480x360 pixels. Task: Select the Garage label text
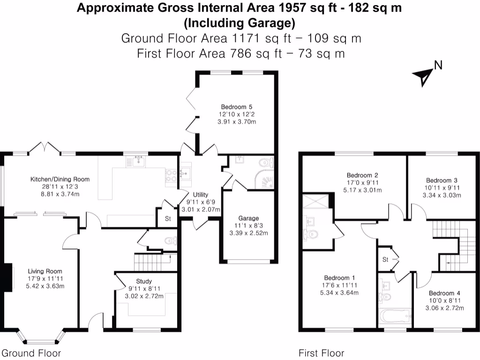[248, 218]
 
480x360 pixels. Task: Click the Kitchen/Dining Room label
[60, 179]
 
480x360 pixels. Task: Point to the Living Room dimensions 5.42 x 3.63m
[45, 286]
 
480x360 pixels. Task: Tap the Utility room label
[201, 195]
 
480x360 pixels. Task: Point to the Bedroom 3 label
[442, 180]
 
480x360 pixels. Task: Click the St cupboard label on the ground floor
[167, 219]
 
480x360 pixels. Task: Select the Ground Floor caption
[31, 353]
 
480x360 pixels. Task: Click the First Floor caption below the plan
[322, 353]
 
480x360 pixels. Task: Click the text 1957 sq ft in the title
[307, 8]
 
